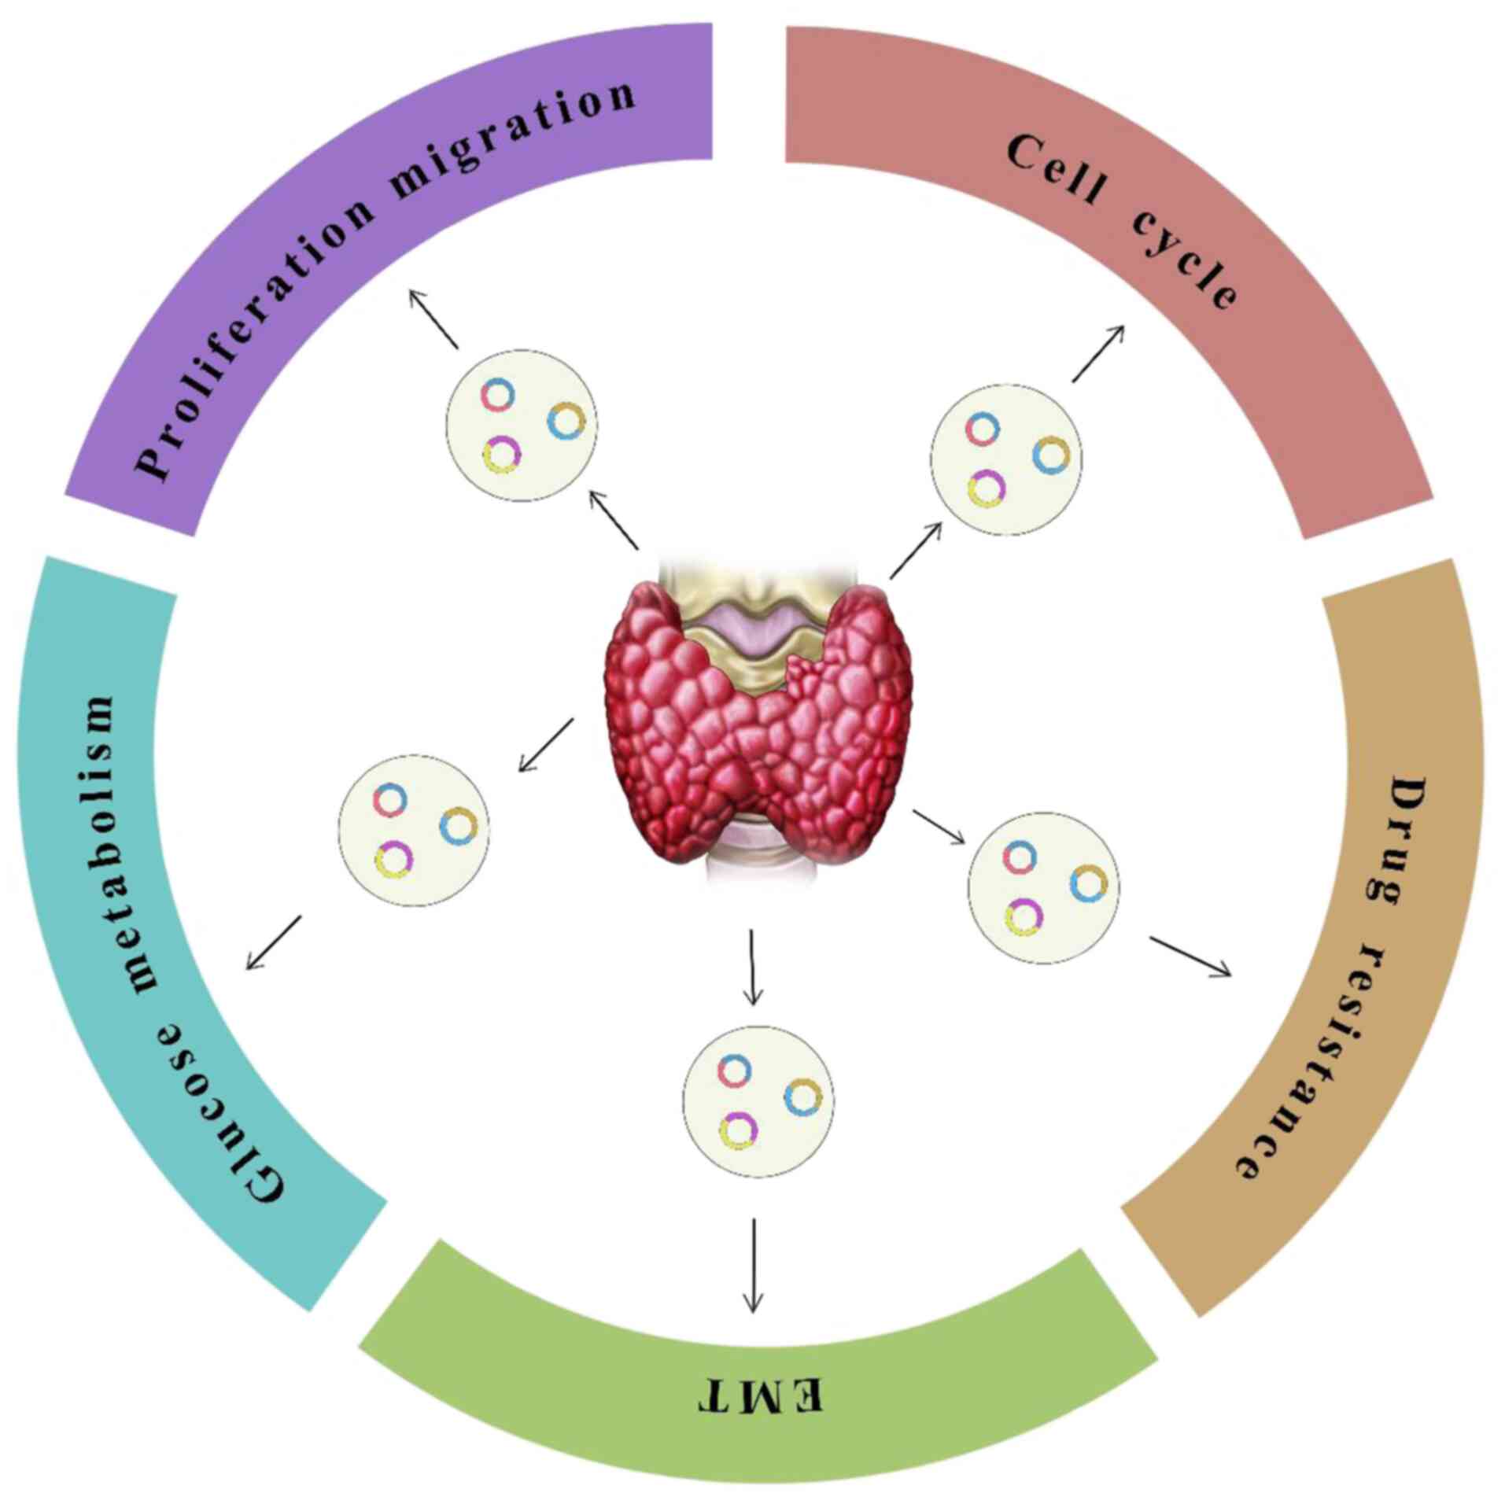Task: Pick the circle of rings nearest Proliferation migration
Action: [521, 424]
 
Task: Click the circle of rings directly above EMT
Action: [758, 1100]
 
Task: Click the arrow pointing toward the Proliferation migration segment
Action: [433, 319]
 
